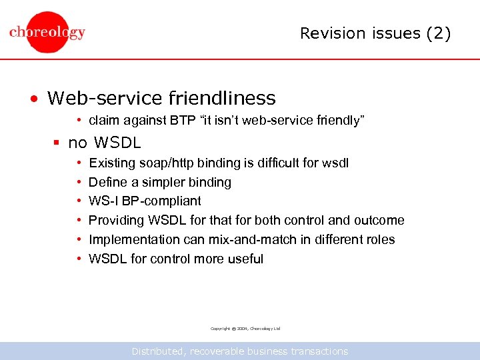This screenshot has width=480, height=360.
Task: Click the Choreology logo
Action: coord(47,32)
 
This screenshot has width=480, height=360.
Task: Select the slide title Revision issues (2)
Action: coord(375,33)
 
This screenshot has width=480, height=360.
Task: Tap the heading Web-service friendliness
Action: coord(161,99)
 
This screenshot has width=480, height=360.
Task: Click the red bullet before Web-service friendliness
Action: coord(33,99)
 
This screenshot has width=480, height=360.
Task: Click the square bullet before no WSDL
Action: coord(58,143)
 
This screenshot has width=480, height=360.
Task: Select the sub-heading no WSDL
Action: coord(105,143)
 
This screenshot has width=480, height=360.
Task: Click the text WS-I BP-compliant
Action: coord(145,201)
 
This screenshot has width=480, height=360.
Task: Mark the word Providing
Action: coord(115,220)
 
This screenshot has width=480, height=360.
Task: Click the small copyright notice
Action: coord(245,329)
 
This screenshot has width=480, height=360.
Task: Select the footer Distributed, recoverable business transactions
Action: coord(240,351)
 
